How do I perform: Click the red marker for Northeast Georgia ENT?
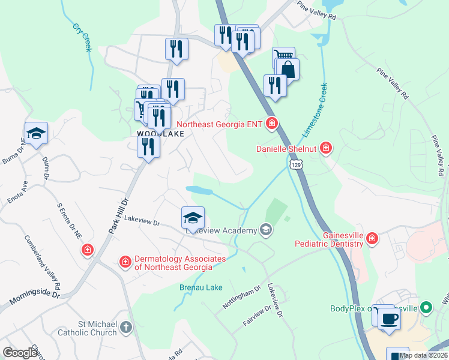[272, 124]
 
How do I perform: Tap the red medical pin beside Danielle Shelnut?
[326, 148]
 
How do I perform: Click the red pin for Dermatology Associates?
[125, 262]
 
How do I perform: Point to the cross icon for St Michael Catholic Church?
[125, 327]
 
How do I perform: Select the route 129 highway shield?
[294, 164]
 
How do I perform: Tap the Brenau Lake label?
[201, 287]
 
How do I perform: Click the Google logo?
[20, 353]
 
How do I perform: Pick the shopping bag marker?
[288, 69]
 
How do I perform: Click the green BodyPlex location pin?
[427, 308]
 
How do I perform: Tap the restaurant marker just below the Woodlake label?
[148, 147]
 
